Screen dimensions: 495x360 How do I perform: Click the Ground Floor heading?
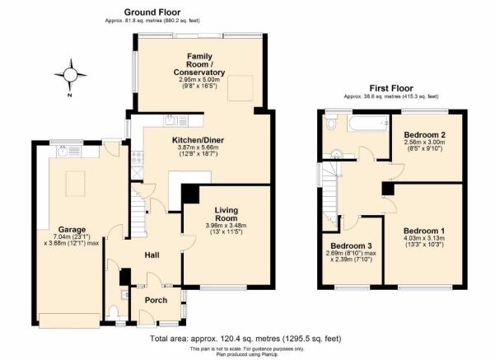pyautogui.click(x=152, y=12)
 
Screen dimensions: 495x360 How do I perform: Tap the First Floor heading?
pyautogui.click(x=391, y=88)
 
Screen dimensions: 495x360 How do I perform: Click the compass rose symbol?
pyautogui.click(x=70, y=75)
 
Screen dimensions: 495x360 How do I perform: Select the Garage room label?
pyautogui.click(x=72, y=230)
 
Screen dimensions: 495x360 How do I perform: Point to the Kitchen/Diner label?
pyautogui.click(x=198, y=140)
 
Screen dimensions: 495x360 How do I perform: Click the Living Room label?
pyautogui.click(x=226, y=214)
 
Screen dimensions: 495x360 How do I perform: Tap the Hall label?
pyautogui.click(x=152, y=255)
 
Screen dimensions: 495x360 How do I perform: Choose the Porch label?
pyautogui.click(x=156, y=300)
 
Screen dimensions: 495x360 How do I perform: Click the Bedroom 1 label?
pyautogui.click(x=424, y=231)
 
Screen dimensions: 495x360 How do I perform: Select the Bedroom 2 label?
pyautogui.click(x=425, y=135)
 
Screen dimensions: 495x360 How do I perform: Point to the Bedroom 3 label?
pyautogui.click(x=351, y=245)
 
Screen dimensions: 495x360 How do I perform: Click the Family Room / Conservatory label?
pyautogui.click(x=198, y=64)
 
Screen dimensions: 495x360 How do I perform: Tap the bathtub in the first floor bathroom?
pyautogui.click(x=368, y=123)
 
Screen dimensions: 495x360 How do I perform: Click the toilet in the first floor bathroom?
pyautogui.click(x=331, y=122)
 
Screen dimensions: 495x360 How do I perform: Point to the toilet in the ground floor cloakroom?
pyautogui.click(x=114, y=312)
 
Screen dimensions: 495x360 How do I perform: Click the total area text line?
pyautogui.click(x=245, y=339)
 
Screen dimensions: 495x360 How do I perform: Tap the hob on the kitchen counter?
pyautogui.click(x=137, y=158)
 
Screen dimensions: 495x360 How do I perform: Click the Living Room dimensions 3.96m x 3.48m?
pyautogui.click(x=226, y=226)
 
